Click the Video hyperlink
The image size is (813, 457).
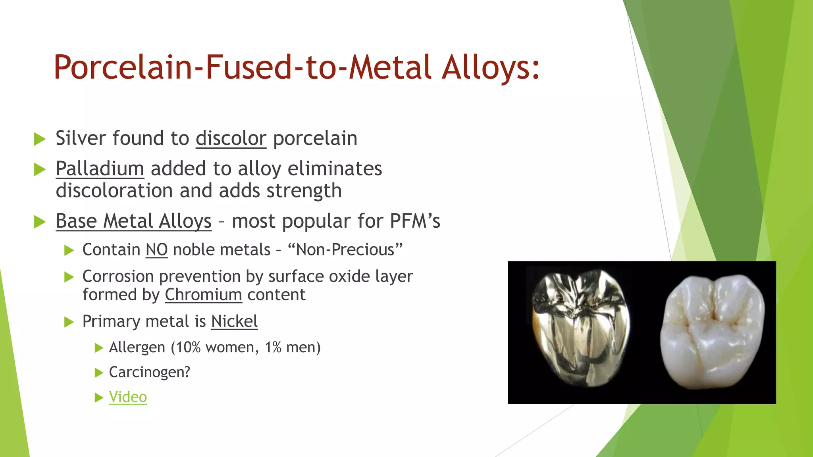coord(128,397)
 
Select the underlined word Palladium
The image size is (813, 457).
coord(100,169)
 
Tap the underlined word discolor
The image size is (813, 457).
coord(231,138)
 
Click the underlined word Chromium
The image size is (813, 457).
coord(203,295)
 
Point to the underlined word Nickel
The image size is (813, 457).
coord(234,321)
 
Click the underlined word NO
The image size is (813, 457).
coord(156,250)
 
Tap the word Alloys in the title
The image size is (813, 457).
coord(491,67)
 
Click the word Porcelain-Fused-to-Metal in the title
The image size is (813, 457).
coord(242,67)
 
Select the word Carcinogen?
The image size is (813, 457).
coord(150,372)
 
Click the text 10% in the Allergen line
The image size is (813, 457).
coord(189,348)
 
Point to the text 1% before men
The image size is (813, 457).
coord(273,348)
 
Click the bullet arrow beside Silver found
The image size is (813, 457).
coord(40,139)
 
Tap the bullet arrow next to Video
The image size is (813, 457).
coord(99,397)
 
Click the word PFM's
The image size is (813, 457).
coord(415,221)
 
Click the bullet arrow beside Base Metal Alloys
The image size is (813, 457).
coord(40,221)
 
